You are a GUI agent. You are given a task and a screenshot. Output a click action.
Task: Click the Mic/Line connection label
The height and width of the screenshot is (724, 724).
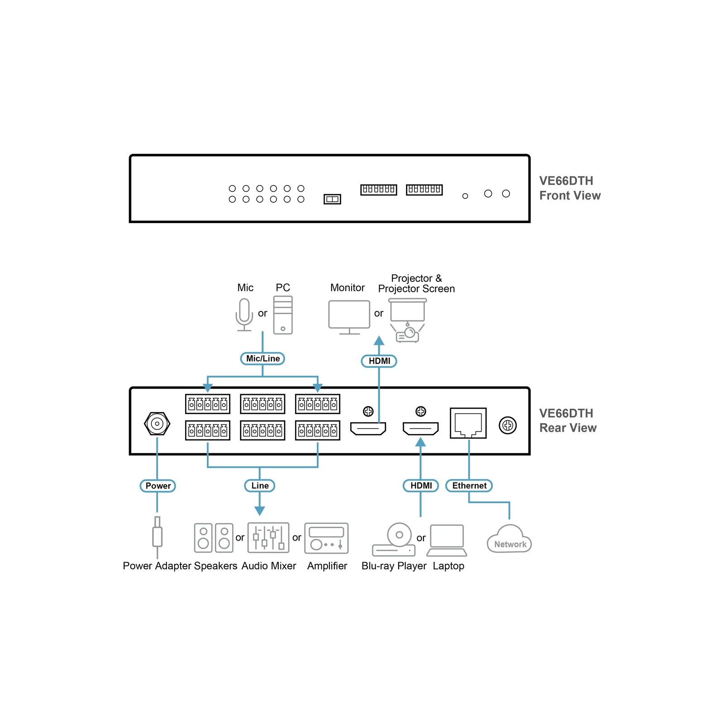tap(262, 358)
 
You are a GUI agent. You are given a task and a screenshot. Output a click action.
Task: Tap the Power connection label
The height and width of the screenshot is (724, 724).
tap(157, 486)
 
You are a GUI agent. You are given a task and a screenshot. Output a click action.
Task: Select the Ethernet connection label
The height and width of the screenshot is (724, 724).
tap(469, 486)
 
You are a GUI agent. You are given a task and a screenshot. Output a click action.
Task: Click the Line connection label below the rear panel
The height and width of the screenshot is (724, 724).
tap(260, 486)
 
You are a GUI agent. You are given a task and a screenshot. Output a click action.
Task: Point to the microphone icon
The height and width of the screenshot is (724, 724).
tap(244, 315)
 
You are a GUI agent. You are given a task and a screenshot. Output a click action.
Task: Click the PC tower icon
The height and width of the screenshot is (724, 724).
tap(283, 315)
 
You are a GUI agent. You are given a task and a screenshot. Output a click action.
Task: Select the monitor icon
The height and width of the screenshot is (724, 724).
tap(349, 317)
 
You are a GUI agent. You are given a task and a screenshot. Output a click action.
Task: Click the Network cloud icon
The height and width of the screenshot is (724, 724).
tap(510, 539)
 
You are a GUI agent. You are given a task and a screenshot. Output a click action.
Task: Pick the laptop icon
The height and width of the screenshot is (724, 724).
tap(447, 540)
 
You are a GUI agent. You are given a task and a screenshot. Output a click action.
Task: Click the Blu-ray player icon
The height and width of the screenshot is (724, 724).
tap(394, 539)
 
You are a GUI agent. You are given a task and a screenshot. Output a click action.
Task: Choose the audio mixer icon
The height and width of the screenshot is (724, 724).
tap(268, 538)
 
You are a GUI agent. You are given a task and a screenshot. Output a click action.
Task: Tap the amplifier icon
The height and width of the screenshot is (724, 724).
tap(327, 538)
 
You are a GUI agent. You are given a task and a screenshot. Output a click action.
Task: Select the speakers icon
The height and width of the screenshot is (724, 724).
tap(214, 538)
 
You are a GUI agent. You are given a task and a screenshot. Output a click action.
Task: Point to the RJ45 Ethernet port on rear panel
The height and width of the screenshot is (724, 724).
tap(468, 423)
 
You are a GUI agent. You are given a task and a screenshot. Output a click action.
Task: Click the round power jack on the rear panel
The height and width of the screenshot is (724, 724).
tap(157, 424)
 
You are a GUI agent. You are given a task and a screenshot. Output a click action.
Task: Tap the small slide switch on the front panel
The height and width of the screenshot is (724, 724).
tap(332, 199)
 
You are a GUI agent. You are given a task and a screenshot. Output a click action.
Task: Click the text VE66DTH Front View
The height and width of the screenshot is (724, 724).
tap(570, 188)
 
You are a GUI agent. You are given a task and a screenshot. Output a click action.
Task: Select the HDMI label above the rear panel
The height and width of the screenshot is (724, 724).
tap(379, 361)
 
